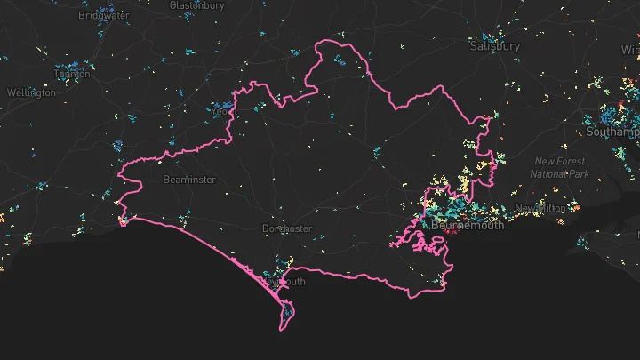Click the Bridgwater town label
[x=105, y=15]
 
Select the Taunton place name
[x=73, y=75]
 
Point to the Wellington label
[x=31, y=92]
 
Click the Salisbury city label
[x=494, y=45]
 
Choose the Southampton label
[x=613, y=132]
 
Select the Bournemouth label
[x=468, y=226]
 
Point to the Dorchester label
[x=287, y=228]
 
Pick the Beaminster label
[x=189, y=180]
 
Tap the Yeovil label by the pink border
[x=221, y=113]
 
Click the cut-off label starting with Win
[x=630, y=50]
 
